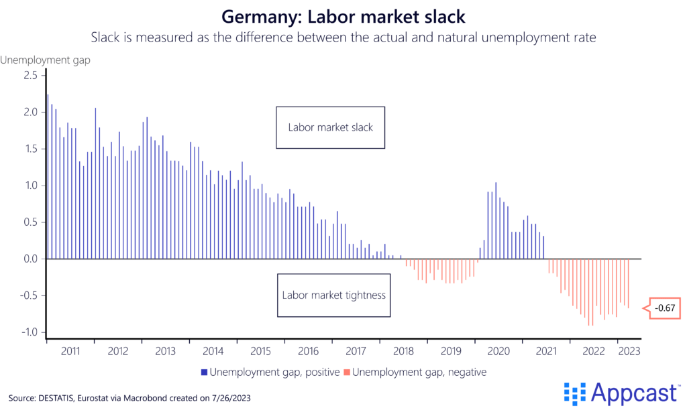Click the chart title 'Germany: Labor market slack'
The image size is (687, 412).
343,15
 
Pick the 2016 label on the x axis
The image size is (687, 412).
308,350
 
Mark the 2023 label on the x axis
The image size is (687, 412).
628,350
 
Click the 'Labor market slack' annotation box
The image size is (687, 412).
330,127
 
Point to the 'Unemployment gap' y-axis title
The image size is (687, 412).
46,60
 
